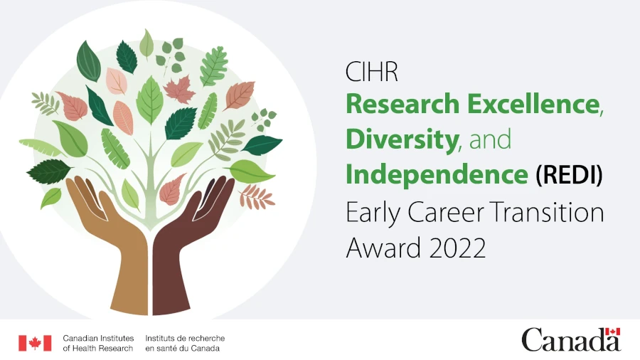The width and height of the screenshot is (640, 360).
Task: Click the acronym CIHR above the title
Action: (x=371, y=72)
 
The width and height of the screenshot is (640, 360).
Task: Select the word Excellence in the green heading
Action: (x=533, y=104)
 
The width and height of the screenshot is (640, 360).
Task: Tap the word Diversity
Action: (x=402, y=139)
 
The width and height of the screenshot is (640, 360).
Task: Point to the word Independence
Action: (x=437, y=175)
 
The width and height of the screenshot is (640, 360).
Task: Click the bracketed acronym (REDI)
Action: (x=569, y=175)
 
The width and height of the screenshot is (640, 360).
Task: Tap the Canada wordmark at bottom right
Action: (x=571, y=340)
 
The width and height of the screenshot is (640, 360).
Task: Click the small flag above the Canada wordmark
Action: (x=613, y=332)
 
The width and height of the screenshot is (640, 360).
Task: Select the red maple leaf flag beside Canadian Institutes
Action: (x=35, y=343)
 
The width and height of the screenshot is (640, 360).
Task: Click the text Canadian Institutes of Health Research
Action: (x=98, y=343)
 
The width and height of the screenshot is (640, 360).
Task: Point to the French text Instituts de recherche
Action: (x=185, y=339)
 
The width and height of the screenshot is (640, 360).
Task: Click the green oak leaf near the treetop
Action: (x=214, y=66)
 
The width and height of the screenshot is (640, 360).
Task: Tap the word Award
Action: (x=384, y=248)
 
